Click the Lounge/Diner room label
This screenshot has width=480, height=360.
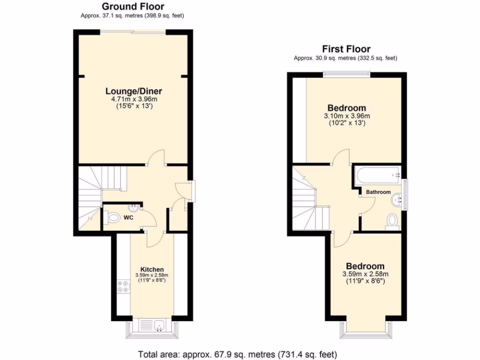[134, 91]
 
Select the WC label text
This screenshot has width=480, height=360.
[128, 217]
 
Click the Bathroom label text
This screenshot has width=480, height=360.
[378, 192]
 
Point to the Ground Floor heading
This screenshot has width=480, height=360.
[133, 7]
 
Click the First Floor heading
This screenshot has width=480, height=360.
[346, 49]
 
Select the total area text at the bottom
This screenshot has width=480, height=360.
[238, 354]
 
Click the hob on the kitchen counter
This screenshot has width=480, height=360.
[123, 286]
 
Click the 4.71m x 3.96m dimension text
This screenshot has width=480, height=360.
[133, 99]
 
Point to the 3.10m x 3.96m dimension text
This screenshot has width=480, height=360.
[347, 116]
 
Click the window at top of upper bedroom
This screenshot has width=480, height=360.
[346, 73]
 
